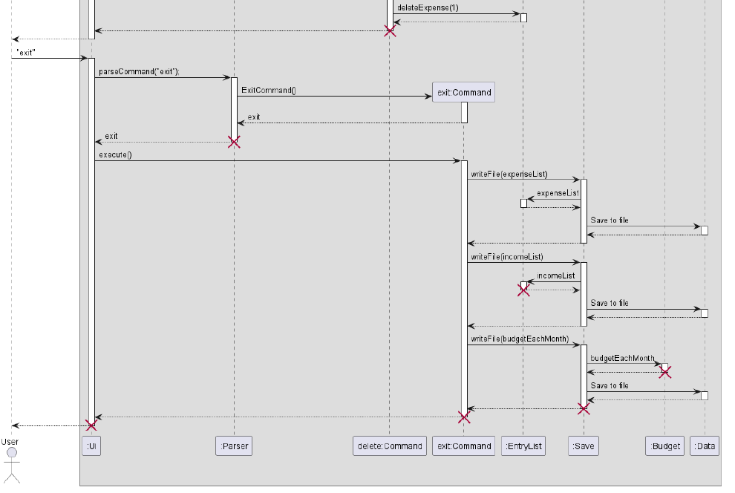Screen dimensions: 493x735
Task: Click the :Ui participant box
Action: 91,446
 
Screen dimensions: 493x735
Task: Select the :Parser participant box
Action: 234,446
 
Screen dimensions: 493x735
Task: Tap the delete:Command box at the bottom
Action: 390,446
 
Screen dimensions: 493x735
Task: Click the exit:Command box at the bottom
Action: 464,446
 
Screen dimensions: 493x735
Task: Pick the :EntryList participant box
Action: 523,446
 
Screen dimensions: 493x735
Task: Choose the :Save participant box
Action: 584,446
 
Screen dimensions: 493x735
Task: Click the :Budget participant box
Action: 664,446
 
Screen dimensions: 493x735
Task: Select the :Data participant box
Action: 704,446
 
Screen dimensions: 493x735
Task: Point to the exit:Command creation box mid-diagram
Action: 464,92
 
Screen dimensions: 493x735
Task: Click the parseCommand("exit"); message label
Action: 139,72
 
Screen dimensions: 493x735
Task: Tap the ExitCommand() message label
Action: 268,91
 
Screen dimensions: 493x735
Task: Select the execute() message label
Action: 114,155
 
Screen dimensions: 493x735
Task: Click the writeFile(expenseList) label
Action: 509,174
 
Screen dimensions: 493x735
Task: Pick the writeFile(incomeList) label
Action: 506,257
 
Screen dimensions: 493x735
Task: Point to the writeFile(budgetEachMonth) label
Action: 519,339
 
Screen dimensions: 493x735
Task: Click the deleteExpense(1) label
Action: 428,8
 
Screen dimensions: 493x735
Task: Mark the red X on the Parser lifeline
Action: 234,142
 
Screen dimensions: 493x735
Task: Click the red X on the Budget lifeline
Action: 665,372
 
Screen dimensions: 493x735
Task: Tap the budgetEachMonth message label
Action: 622,358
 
